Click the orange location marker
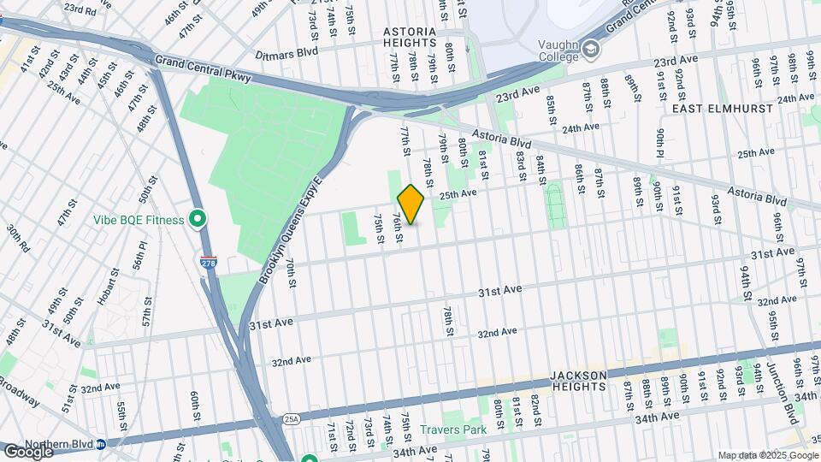tap(410, 204)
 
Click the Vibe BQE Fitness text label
tap(139, 220)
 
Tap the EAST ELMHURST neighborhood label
tap(722, 109)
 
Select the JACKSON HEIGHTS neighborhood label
tap(578, 381)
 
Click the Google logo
tap(28, 452)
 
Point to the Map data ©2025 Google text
tap(768, 455)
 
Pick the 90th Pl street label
tap(662, 146)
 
